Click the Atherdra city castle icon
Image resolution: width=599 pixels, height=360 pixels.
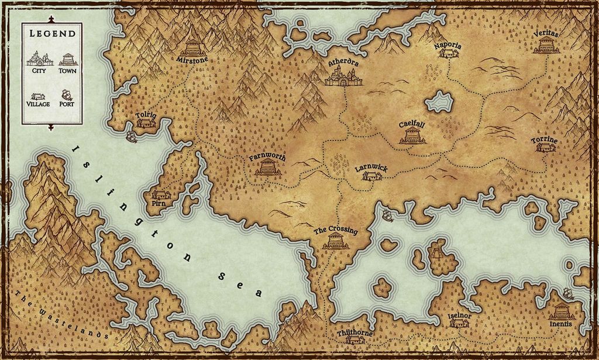coord(343,76)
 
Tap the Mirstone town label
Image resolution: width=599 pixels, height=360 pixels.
coord(192,60)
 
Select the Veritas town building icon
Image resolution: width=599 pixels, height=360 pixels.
coord(546,46)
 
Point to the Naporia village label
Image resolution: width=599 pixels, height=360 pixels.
coord(448,46)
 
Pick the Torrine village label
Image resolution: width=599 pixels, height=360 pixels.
coord(544,140)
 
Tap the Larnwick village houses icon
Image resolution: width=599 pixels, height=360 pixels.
coord(372,176)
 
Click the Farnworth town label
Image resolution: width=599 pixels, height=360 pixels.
coord(267,157)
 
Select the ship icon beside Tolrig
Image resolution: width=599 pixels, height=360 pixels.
coord(132,137)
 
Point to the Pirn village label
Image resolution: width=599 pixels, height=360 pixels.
coord(159,204)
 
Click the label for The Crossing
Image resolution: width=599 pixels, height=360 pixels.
coord(335,231)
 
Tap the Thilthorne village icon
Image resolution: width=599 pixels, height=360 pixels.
coord(355,340)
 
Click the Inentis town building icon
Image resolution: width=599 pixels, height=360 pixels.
coord(561,311)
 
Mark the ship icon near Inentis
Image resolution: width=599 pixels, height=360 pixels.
coord(567,294)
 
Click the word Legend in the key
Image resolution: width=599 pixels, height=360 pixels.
coord(52,34)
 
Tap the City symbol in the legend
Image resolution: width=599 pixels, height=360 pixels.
coord(40,59)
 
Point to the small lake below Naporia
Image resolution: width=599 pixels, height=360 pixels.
coord(440,102)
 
